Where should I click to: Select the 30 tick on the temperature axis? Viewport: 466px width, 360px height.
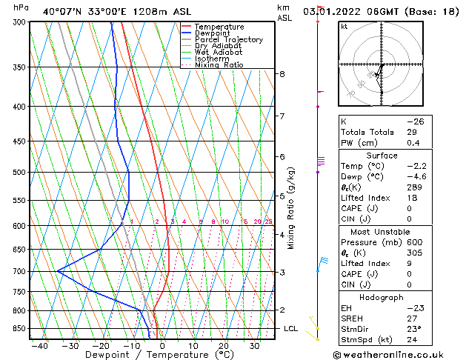coord(254,345)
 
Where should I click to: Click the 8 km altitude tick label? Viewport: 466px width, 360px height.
coord(282,74)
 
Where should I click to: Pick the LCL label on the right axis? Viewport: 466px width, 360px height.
coord(290,328)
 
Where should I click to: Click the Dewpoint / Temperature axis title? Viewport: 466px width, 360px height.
coord(147,355)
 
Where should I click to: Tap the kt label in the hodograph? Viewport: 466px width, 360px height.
coord(344,26)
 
